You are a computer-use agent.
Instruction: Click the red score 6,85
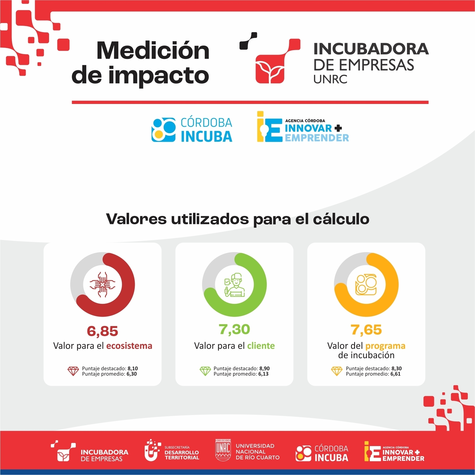[x=102, y=331]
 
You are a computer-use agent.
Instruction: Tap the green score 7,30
[x=234, y=330]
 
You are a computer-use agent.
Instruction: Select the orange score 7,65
[x=366, y=330]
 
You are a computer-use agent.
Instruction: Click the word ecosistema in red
[x=129, y=346]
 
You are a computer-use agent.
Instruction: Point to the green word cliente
[x=261, y=346]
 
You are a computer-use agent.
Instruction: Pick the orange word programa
[x=385, y=346]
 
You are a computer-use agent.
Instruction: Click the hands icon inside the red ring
[x=102, y=285]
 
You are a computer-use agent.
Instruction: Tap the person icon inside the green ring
[x=234, y=285]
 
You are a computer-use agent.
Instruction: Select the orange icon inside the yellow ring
[x=366, y=285]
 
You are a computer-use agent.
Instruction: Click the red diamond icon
[x=73, y=371]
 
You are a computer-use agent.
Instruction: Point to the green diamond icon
[x=205, y=371]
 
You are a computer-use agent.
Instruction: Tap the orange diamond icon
[x=337, y=371]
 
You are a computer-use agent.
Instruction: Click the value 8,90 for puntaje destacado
[x=264, y=368]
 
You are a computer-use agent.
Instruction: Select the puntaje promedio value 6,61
[x=395, y=374]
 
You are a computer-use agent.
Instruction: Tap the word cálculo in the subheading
[x=341, y=219]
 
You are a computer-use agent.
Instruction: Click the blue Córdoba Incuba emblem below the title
[x=163, y=130]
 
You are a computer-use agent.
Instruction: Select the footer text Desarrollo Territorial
[x=182, y=455]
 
